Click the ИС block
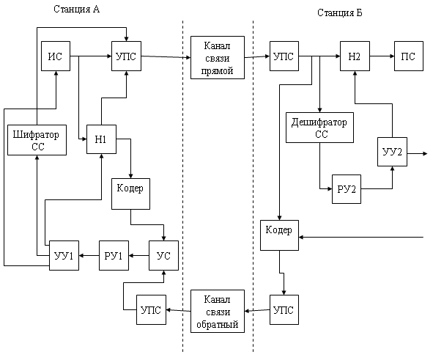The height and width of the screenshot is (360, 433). click(56, 56)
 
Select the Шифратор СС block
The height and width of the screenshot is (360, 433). click(37, 140)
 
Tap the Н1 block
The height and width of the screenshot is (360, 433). click(101, 139)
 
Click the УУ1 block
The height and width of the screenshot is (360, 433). click(64, 256)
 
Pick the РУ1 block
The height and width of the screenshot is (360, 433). click(114, 256)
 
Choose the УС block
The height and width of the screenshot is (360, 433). click(164, 256)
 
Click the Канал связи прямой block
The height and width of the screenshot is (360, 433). click(218, 57)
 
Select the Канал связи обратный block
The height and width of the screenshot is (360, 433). click(218, 311)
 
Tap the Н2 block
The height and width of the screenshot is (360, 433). click(355, 56)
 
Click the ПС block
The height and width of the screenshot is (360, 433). click(409, 56)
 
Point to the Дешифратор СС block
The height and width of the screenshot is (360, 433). click(319, 128)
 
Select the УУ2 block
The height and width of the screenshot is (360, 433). click(392, 152)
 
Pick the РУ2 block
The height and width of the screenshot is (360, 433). click(347, 189)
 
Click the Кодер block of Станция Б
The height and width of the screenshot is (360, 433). click(279, 235)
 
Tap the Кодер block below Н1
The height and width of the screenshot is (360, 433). click(130, 194)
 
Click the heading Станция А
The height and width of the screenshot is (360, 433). click(76, 9)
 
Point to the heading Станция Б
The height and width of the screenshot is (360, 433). click(340, 12)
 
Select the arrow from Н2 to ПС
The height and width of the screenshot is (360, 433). click(382, 56)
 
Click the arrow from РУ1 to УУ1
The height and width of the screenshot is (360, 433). click(89, 256)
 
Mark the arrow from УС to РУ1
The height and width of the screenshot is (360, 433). click(139, 256)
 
